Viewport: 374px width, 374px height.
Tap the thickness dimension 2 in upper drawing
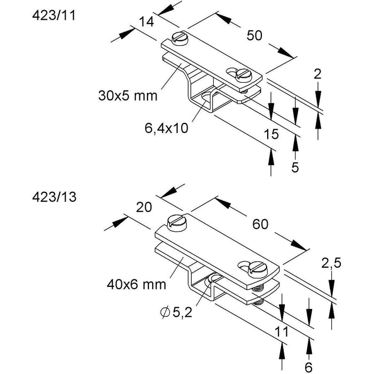coord(317,74)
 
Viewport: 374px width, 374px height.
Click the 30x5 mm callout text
coord(128,96)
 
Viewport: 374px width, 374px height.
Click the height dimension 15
coord(271,135)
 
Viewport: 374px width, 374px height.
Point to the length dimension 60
coord(260,225)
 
